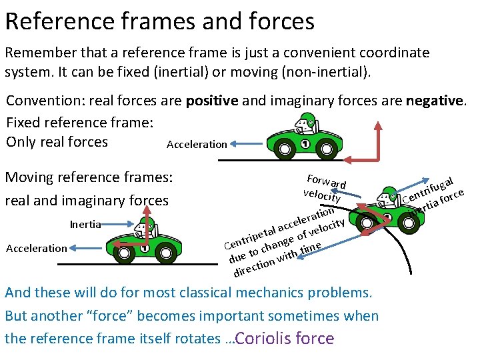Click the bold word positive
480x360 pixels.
212,101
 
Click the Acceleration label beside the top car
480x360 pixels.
197,144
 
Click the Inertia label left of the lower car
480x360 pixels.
85,224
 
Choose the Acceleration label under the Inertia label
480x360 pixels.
36,248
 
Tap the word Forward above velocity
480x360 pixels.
326,180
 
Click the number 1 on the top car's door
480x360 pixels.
305,145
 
